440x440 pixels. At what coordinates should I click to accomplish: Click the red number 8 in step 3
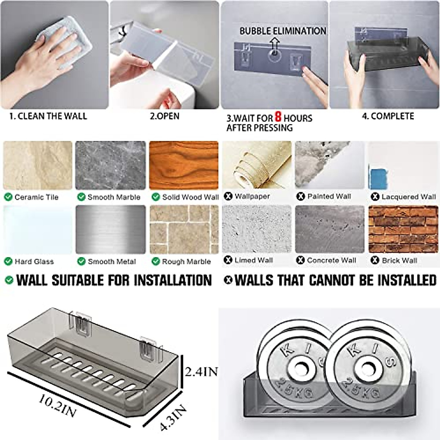point(278,117)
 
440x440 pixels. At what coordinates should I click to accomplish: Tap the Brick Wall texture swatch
point(403,229)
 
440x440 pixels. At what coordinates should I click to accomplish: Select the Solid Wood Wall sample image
point(184,165)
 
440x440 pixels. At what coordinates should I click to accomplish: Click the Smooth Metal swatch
point(110,229)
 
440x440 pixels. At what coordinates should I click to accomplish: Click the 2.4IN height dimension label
point(201,372)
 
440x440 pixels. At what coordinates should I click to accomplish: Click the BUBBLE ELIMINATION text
point(283,31)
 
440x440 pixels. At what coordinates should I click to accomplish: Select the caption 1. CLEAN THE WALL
point(48,116)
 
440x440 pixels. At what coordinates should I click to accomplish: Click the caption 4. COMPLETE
point(388,116)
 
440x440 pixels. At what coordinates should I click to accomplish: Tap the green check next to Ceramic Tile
point(8,197)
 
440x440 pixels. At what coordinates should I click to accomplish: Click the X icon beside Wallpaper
point(228,197)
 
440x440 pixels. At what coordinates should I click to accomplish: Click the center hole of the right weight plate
point(368,368)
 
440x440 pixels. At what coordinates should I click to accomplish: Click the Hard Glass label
point(34,262)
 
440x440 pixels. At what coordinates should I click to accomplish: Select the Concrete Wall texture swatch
point(330,229)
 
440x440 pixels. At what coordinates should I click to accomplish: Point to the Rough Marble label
point(186,262)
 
